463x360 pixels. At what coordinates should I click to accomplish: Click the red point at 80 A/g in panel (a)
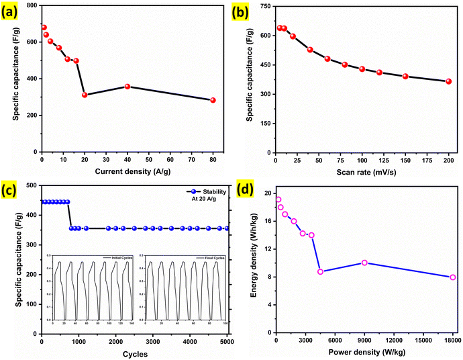point(213,100)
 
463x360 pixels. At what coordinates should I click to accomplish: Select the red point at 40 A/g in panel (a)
point(127,87)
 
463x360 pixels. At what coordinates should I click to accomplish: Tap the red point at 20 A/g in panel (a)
point(85,95)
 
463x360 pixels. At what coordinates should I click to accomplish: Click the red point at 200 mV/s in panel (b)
point(448,81)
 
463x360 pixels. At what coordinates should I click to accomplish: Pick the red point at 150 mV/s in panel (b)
point(405,77)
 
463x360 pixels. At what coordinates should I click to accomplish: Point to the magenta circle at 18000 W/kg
point(453,277)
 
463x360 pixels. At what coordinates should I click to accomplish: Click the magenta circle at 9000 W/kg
point(364,263)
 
